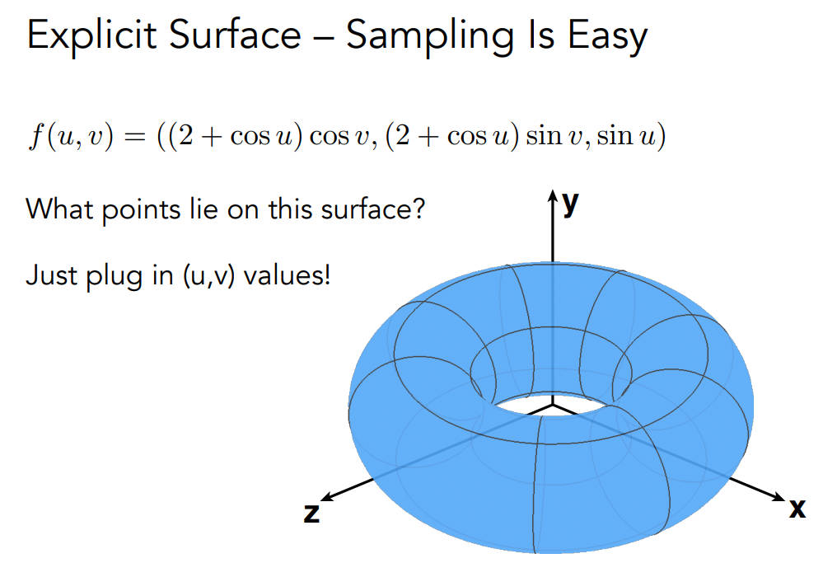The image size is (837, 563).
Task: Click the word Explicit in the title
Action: pyautogui.click(x=92, y=35)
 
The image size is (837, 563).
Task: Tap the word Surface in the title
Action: pyautogui.click(x=236, y=35)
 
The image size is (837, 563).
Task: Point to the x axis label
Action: pyautogui.click(x=797, y=508)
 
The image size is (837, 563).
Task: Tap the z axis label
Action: pyautogui.click(x=311, y=513)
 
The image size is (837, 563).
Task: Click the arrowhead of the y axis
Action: pyautogui.click(x=553, y=195)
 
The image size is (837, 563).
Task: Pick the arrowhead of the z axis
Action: pyautogui.click(x=327, y=497)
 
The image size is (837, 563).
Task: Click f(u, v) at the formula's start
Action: pyautogui.click(x=71, y=136)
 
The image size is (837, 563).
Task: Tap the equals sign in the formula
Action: pyautogui.click(x=134, y=137)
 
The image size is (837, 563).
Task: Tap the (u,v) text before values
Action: pyautogui.click(x=208, y=277)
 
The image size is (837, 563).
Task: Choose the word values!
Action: pyautogui.click(x=287, y=275)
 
